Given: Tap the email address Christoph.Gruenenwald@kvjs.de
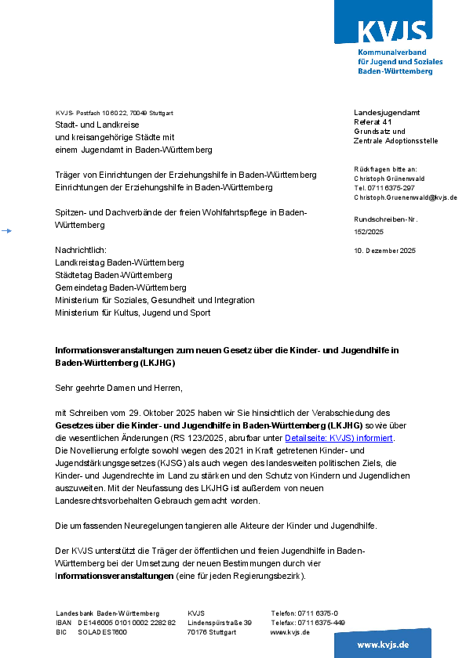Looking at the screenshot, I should tap(405, 198).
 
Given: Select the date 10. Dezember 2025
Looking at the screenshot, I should tap(384, 251).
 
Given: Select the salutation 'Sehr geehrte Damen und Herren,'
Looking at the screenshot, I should tap(118, 388).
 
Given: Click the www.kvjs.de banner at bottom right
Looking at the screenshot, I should tap(383, 644).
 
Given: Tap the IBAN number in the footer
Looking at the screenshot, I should tap(126, 623).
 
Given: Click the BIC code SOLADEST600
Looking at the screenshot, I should tap(102, 632).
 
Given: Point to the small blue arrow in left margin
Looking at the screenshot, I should tap(6, 230).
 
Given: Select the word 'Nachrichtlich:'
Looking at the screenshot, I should tap(81, 250).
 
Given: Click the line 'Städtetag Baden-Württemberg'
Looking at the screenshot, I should tap(113, 275).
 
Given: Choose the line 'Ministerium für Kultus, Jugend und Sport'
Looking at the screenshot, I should tap(133, 313).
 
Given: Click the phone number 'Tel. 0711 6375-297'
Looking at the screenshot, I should tap(384, 188).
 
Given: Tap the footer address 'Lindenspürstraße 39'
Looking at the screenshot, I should tap(219, 623).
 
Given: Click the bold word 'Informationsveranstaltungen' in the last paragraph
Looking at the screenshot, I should tap(114, 576).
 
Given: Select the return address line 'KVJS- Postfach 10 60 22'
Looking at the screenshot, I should tap(114, 113).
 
